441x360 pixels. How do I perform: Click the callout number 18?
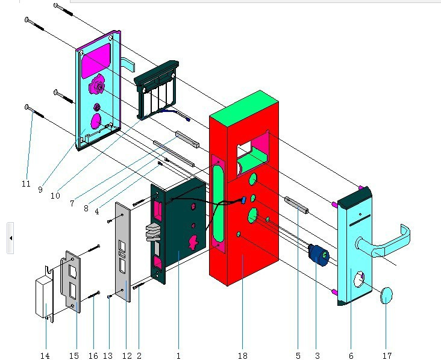point(242,356)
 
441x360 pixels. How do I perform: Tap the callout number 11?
point(26,183)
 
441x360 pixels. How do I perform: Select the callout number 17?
point(386,356)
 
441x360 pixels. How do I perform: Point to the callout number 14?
point(45,356)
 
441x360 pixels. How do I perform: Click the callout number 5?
point(298,356)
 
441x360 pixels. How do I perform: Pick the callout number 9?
point(40,189)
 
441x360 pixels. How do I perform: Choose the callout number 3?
point(316,356)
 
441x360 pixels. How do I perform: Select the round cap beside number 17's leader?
point(387,296)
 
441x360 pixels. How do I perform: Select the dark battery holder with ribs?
point(155,90)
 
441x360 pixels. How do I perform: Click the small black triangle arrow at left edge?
point(11,238)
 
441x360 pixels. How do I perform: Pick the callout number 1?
point(178,356)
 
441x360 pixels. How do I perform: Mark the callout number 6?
point(351,356)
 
